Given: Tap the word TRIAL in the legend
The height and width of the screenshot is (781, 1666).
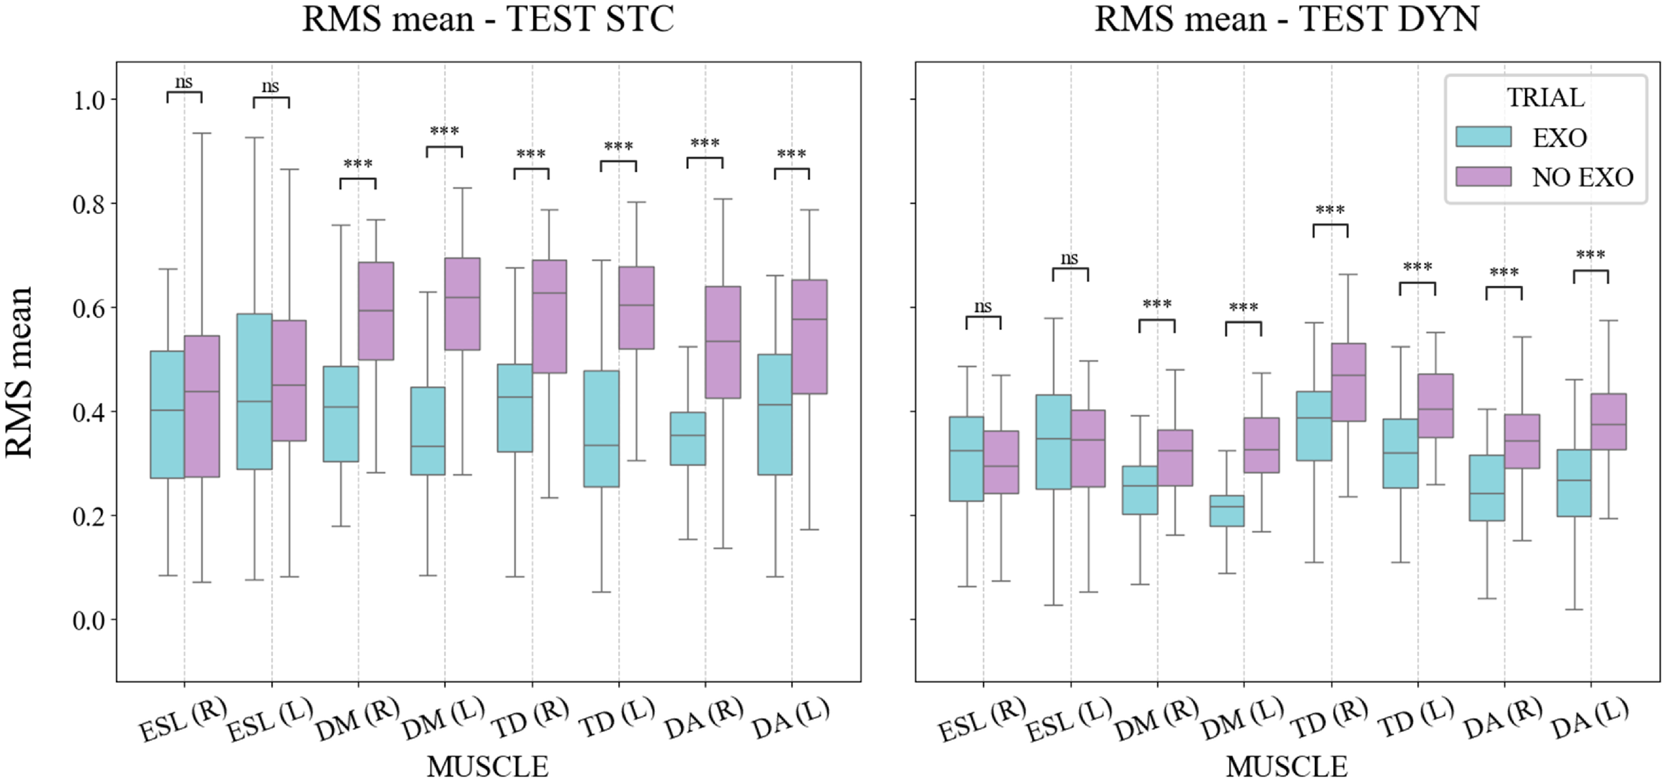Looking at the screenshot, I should coord(1546,98).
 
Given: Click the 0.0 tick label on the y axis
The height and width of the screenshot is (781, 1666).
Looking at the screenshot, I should coord(89,620).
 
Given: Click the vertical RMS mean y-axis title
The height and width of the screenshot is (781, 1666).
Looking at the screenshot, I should coord(19,372).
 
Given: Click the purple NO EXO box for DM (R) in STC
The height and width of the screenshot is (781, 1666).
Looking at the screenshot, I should coord(376,311).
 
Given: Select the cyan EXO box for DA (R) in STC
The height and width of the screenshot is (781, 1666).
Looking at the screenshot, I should coord(688,438).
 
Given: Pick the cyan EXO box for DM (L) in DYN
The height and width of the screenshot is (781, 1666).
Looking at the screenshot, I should coord(1226,510).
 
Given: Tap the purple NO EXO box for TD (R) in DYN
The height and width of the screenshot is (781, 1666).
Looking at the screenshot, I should coord(1348,382).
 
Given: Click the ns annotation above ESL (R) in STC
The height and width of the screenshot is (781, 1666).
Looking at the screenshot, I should coord(184,82).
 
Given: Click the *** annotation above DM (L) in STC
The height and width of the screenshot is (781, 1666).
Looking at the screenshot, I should coord(444,131).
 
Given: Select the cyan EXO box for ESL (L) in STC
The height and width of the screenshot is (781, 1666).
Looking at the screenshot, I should coord(254,391).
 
